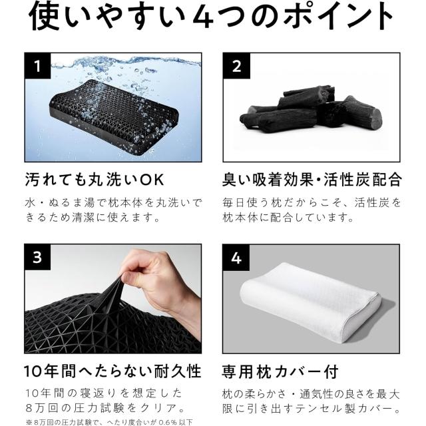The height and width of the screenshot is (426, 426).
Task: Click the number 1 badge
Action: point(38,66)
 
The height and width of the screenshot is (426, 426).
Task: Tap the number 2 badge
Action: point(236,66)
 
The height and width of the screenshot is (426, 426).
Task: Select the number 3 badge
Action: point(37,257)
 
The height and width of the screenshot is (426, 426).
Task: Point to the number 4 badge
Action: point(236,258)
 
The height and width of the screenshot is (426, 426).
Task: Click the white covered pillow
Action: point(310,302)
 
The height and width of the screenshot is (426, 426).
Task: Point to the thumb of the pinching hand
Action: point(133,277)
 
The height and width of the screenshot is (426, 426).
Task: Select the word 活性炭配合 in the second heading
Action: point(363,180)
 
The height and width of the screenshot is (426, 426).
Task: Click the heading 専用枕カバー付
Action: point(280,371)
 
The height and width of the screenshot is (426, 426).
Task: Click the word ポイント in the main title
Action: point(337,16)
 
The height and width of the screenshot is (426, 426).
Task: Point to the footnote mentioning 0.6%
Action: point(109,422)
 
